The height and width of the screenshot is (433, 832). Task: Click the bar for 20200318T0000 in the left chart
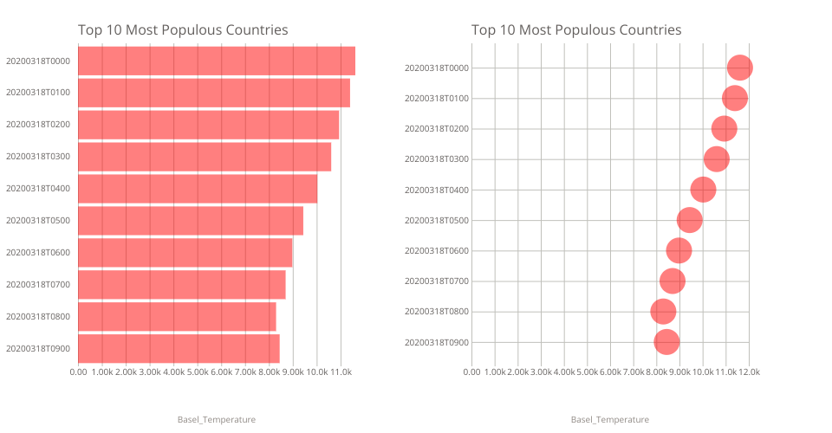click(217, 61)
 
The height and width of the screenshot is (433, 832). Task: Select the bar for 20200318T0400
click(198, 189)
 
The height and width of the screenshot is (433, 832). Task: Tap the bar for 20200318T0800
click(177, 317)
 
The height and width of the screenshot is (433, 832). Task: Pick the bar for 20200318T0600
click(185, 253)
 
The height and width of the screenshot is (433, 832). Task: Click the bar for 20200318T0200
click(208, 125)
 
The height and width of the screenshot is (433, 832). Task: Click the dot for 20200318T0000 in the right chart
click(739, 68)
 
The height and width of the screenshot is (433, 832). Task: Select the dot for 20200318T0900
click(666, 342)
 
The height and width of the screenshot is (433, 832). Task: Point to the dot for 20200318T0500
click(689, 220)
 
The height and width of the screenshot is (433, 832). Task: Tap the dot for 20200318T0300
click(716, 159)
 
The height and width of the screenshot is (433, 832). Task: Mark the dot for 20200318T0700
click(672, 281)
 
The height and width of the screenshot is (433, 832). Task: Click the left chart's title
click(183, 30)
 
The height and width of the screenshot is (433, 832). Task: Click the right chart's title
click(576, 30)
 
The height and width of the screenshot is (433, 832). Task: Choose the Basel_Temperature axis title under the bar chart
click(217, 420)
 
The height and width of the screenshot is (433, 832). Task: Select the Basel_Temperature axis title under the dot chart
click(609, 420)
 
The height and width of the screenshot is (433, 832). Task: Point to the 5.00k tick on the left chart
click(198, 372)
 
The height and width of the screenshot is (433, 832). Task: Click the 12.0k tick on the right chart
click(749, 372)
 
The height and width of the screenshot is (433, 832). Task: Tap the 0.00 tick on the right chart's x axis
click(471, 372)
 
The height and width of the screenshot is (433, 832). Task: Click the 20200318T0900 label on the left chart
click(38, 349)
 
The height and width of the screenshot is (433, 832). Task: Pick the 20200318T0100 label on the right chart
click(437, 98)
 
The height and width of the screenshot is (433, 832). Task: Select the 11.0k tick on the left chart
click(341, 372)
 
